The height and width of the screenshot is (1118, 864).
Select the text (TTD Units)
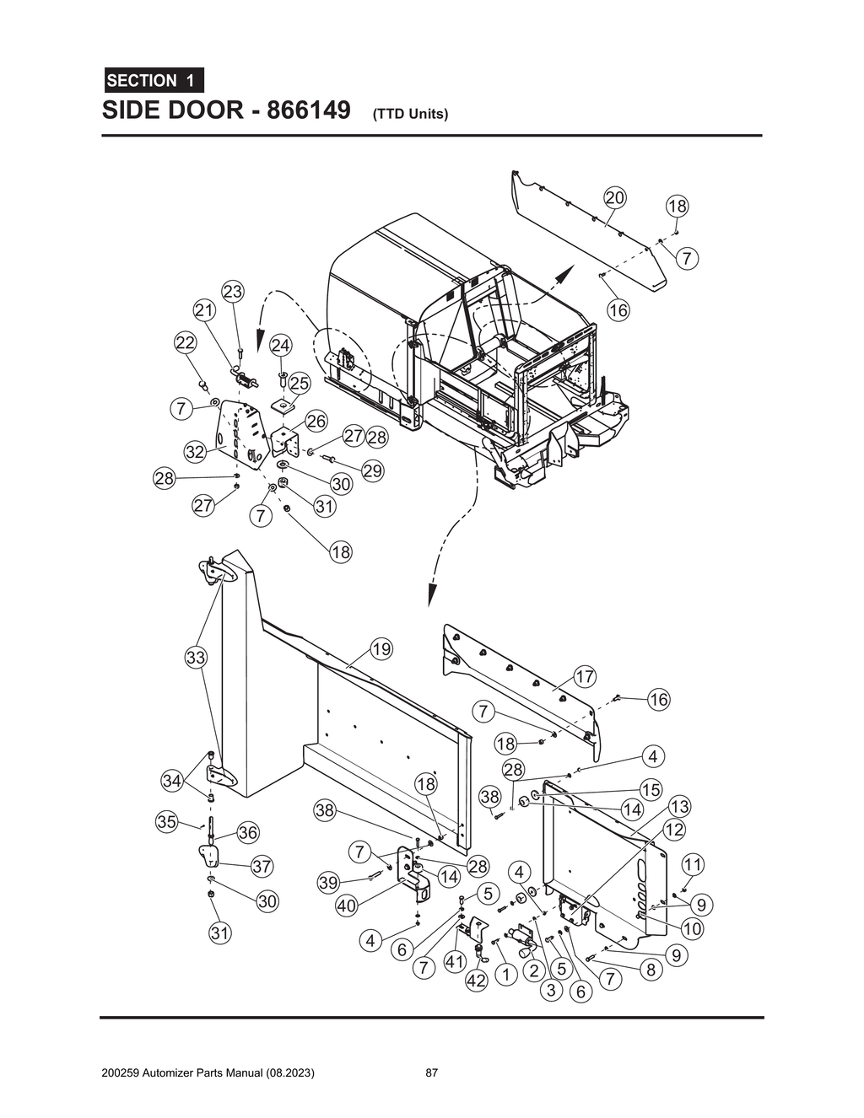410,114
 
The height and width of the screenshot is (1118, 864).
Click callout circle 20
615,198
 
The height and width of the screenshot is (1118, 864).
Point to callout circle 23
232,292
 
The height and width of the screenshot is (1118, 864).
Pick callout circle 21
204,310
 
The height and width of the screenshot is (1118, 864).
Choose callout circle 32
196,452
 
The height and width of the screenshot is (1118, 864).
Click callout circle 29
373,471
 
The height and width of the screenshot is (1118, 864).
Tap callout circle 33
196,658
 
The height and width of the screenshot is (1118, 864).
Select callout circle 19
381,649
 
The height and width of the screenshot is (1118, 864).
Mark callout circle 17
585,676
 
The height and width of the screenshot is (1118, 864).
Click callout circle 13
679,807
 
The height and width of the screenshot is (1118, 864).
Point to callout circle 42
477,981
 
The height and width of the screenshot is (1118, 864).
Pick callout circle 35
166,821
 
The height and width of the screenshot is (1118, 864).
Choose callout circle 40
346,906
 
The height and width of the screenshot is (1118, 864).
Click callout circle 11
693,865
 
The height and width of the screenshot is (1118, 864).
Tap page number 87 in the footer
431,1073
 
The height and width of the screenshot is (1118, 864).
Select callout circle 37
262,866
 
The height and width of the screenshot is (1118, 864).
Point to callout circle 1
505,976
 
